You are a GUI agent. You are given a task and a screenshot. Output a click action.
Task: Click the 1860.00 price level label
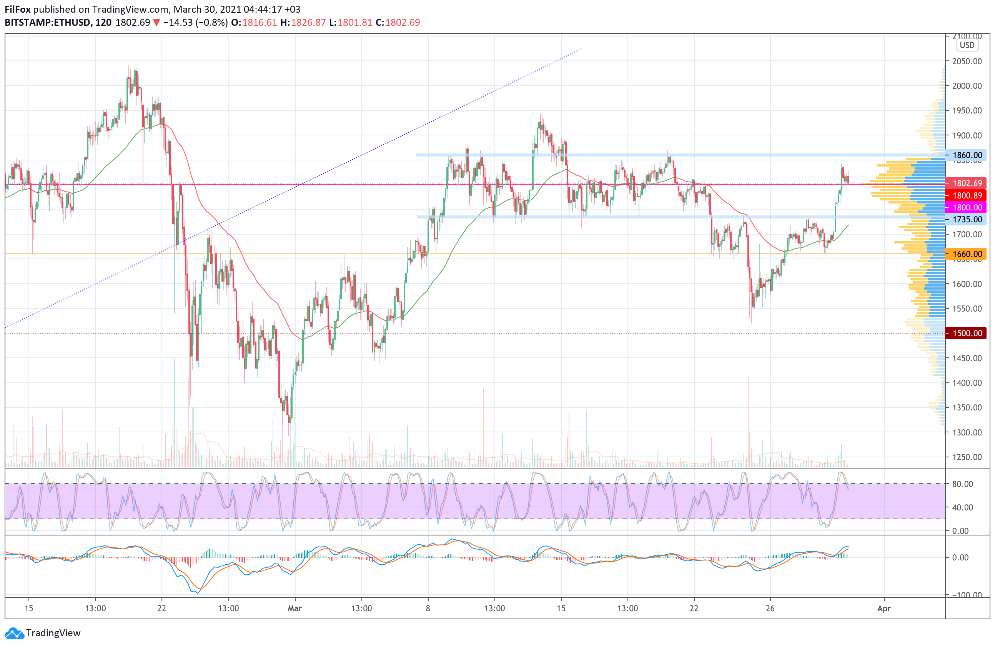[967, 155]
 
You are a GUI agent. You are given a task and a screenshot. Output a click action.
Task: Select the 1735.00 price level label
[967, 219]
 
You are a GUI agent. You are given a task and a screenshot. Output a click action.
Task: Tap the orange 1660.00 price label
[967, 254]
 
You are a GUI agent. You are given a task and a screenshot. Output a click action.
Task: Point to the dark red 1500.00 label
[967, 334]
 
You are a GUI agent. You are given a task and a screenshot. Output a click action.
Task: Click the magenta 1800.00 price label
[967, 207]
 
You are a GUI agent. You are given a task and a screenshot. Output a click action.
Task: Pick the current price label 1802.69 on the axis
[967, 183]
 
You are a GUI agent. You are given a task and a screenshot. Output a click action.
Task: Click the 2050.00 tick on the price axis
[967, 62]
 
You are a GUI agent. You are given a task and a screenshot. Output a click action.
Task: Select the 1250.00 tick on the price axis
[967, 457]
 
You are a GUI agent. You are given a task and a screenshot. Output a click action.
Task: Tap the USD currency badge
[967, 45]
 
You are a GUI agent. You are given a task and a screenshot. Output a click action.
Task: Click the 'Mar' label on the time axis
[295, 608]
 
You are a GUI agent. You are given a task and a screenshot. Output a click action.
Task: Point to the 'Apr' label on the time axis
[884, 608]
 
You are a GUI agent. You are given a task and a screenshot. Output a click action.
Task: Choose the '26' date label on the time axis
[770, 608]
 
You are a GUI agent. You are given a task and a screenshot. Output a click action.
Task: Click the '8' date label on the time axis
[428, 608]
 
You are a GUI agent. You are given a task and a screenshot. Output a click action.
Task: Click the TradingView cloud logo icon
[14, 633]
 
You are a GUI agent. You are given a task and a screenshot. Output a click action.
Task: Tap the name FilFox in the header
[18, 9]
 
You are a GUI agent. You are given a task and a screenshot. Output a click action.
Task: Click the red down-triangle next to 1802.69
[156, 23]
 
